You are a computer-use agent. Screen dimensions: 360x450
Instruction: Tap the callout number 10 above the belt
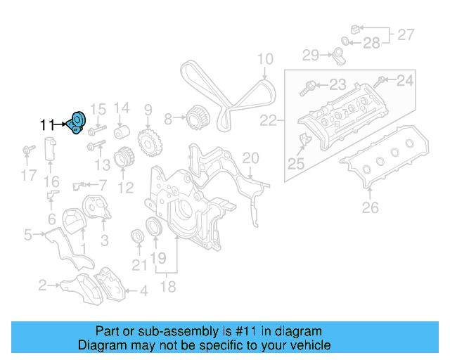(264, 59)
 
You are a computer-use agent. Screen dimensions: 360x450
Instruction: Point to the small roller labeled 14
(122, 133)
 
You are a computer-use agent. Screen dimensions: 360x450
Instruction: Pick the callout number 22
(269, 122)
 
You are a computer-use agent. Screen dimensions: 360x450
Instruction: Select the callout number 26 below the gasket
(370, 207)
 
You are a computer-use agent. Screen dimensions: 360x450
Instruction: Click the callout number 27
(406, 34)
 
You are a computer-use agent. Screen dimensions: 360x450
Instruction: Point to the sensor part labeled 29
(337, 54)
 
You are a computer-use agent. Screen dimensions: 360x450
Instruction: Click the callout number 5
(27, 234)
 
